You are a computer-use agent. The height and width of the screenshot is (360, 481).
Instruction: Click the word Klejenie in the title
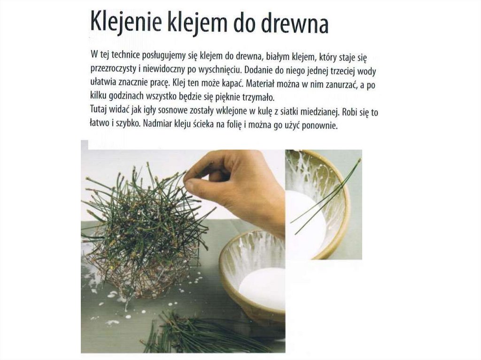[125, 22]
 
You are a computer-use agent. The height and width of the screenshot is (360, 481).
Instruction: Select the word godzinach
[126, 96]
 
